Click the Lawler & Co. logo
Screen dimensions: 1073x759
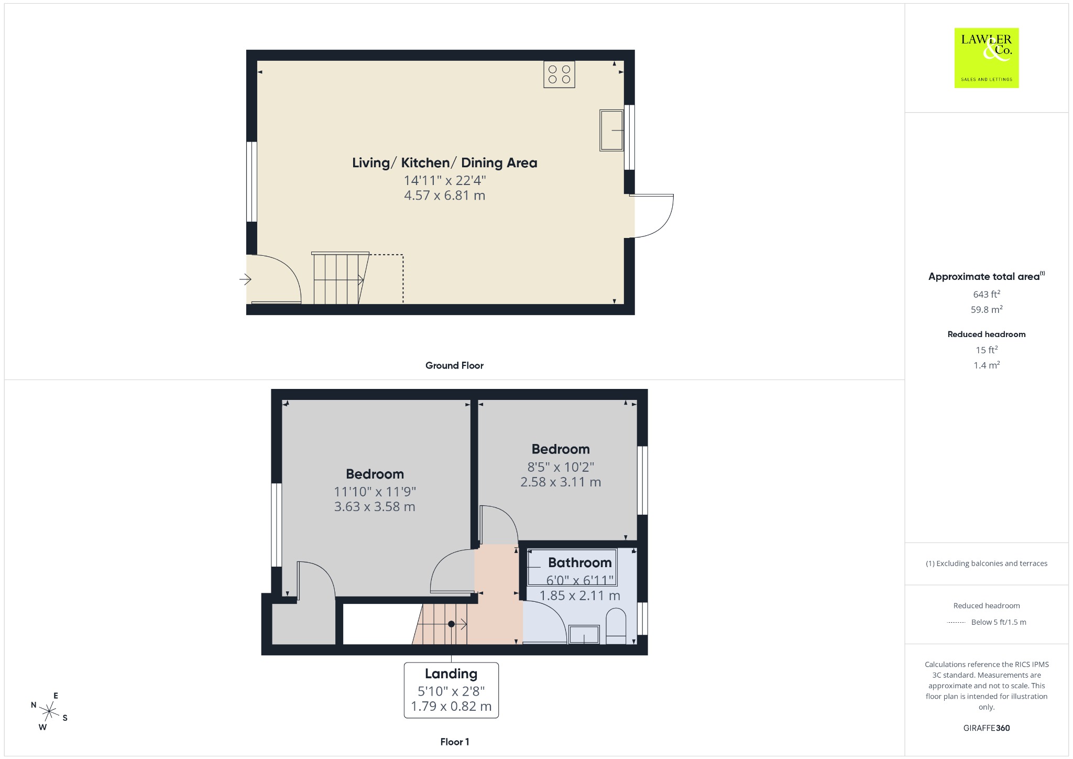(x=986, y=58)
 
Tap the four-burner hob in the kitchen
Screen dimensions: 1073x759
(x=559, y=74)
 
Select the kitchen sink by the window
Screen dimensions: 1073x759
(x=611, y=130)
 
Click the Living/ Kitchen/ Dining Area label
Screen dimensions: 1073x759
(x=445, y=163)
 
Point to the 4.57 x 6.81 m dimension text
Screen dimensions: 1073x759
(x=445, y=196)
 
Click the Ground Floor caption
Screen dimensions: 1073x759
(x=454, y=365)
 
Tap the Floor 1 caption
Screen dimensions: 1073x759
(x=455, y=742)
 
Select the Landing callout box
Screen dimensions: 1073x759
(x=451, y=690)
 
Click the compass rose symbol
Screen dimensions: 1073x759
(x=49, y=711)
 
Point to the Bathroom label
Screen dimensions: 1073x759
(x=580, y=562)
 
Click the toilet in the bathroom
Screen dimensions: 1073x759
(x=616, y=626)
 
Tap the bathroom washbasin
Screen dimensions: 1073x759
(x=584, y=634)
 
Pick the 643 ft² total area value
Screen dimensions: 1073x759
(x=987, y=294)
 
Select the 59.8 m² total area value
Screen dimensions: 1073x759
(x=987, y=309)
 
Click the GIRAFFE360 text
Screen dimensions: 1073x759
(x=987, y=728)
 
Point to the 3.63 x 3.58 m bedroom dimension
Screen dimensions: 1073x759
(x=375, y=507)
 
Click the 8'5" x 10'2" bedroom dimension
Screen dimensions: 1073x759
(x=561, y=467)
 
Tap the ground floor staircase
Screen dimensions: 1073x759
(x=341, y=278)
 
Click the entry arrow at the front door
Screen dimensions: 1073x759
(x=245, y=279)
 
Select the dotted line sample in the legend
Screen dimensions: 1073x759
(x=956, y=622)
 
